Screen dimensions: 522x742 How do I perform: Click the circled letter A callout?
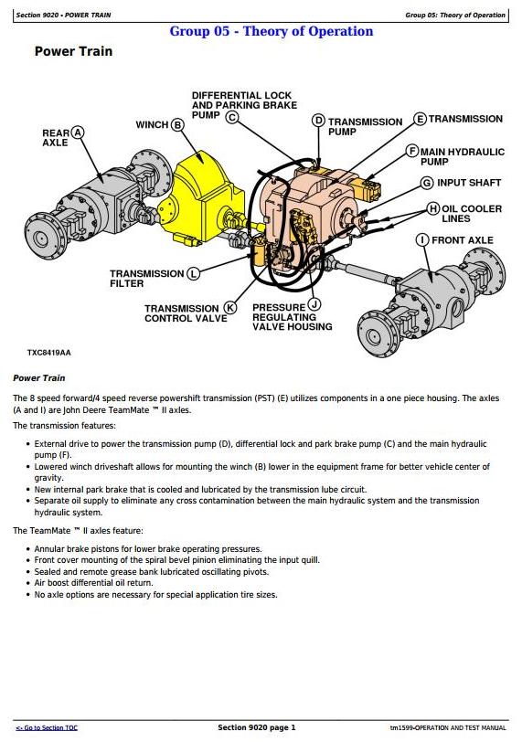[78, 132]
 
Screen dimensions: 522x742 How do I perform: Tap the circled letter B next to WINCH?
[177, 125]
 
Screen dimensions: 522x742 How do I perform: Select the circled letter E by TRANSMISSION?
[421, 119]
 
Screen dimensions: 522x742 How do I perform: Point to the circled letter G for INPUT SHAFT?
[427, 183]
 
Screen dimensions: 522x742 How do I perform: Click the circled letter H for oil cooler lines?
[433, 208]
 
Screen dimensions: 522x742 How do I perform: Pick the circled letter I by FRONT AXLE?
[422, 240]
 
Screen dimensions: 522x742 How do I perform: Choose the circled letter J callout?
[314, 304]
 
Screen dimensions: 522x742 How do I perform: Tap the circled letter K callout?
[230, 308]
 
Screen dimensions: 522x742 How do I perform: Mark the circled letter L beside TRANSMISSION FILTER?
[193, 273]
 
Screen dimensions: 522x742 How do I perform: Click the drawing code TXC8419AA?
[48, 353]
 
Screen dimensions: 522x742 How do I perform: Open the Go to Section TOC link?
[47, 727]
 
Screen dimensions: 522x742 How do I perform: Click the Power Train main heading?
[73, 51]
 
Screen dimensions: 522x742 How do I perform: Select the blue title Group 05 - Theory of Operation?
[272, 31]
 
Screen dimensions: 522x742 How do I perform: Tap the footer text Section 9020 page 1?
[257, 727]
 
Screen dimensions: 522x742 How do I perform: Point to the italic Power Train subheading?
[38, 378]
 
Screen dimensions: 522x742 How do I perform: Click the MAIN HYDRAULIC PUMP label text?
[463, 156]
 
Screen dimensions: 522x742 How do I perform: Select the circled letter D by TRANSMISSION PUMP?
[319, 121]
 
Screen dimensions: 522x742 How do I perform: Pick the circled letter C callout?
[232, 116]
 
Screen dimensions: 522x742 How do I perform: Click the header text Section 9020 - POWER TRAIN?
[63, 16]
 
